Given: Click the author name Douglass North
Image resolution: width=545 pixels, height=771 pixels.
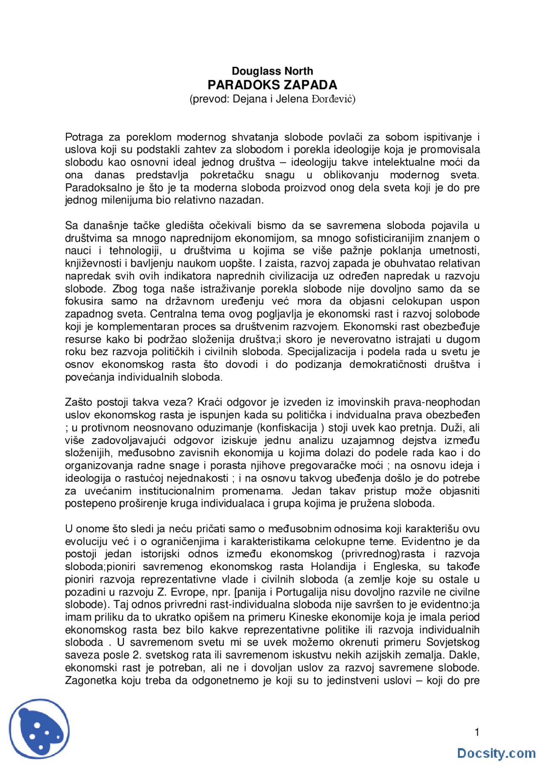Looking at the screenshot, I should point(272,71).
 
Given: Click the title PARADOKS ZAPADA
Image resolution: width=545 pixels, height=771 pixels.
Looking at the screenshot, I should point(272,85).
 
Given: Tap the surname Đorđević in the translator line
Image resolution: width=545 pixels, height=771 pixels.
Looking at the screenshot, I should point(333,99).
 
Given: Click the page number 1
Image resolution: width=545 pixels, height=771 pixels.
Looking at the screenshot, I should point(477,732).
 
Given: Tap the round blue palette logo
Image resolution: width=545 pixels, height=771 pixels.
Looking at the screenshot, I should point(39,728).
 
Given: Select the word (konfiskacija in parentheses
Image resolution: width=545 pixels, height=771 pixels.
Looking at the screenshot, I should point(287,428).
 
